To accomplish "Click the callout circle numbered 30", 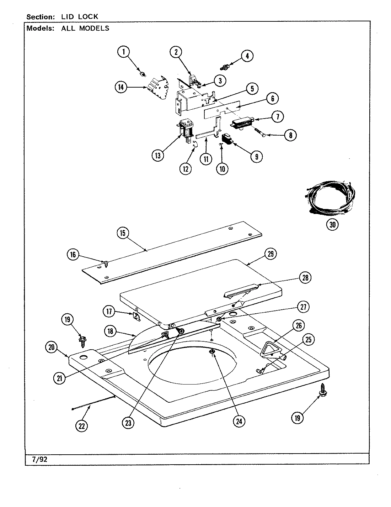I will pos(332,224).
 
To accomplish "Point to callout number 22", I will pos(82,425).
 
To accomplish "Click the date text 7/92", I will pos(37,459).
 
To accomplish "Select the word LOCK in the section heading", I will pos(89,16).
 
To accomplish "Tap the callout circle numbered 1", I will pos(123,52).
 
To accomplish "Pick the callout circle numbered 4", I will pos(247,56).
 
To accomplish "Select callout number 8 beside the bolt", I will pos(290,135).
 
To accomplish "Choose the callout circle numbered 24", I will pos(239,421).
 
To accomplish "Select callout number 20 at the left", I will pos(52,347).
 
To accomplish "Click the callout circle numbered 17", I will pos(109,312).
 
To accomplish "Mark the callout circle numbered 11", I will pos(206,159).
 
